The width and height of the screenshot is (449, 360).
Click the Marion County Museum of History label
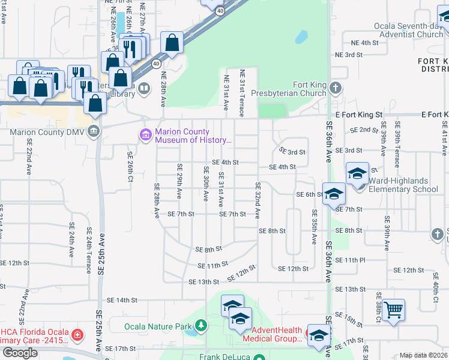click(193, 136)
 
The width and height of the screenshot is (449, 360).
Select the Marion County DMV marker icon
click(93, 131)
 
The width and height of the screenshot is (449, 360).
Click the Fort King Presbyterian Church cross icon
click(335, 89)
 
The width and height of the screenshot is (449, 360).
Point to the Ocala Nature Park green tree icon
click(200, 326)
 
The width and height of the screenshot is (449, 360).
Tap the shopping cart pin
click(393, 310)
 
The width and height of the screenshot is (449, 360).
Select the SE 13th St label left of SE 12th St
click(204, 281)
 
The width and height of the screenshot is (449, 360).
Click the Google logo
click(20, 353)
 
